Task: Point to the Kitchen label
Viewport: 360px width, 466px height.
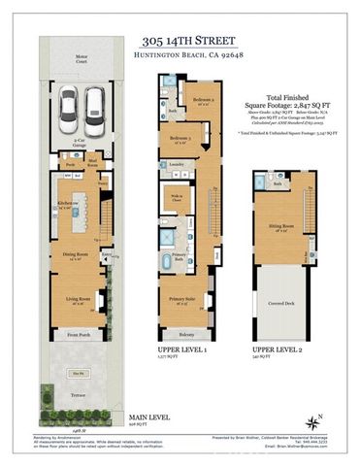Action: [x=68, y=203]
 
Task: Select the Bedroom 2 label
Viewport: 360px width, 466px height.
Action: [x=202, y=102]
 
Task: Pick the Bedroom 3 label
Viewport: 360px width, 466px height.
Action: [x=181, y=139]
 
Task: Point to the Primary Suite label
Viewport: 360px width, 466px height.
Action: [x=180, y=300]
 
